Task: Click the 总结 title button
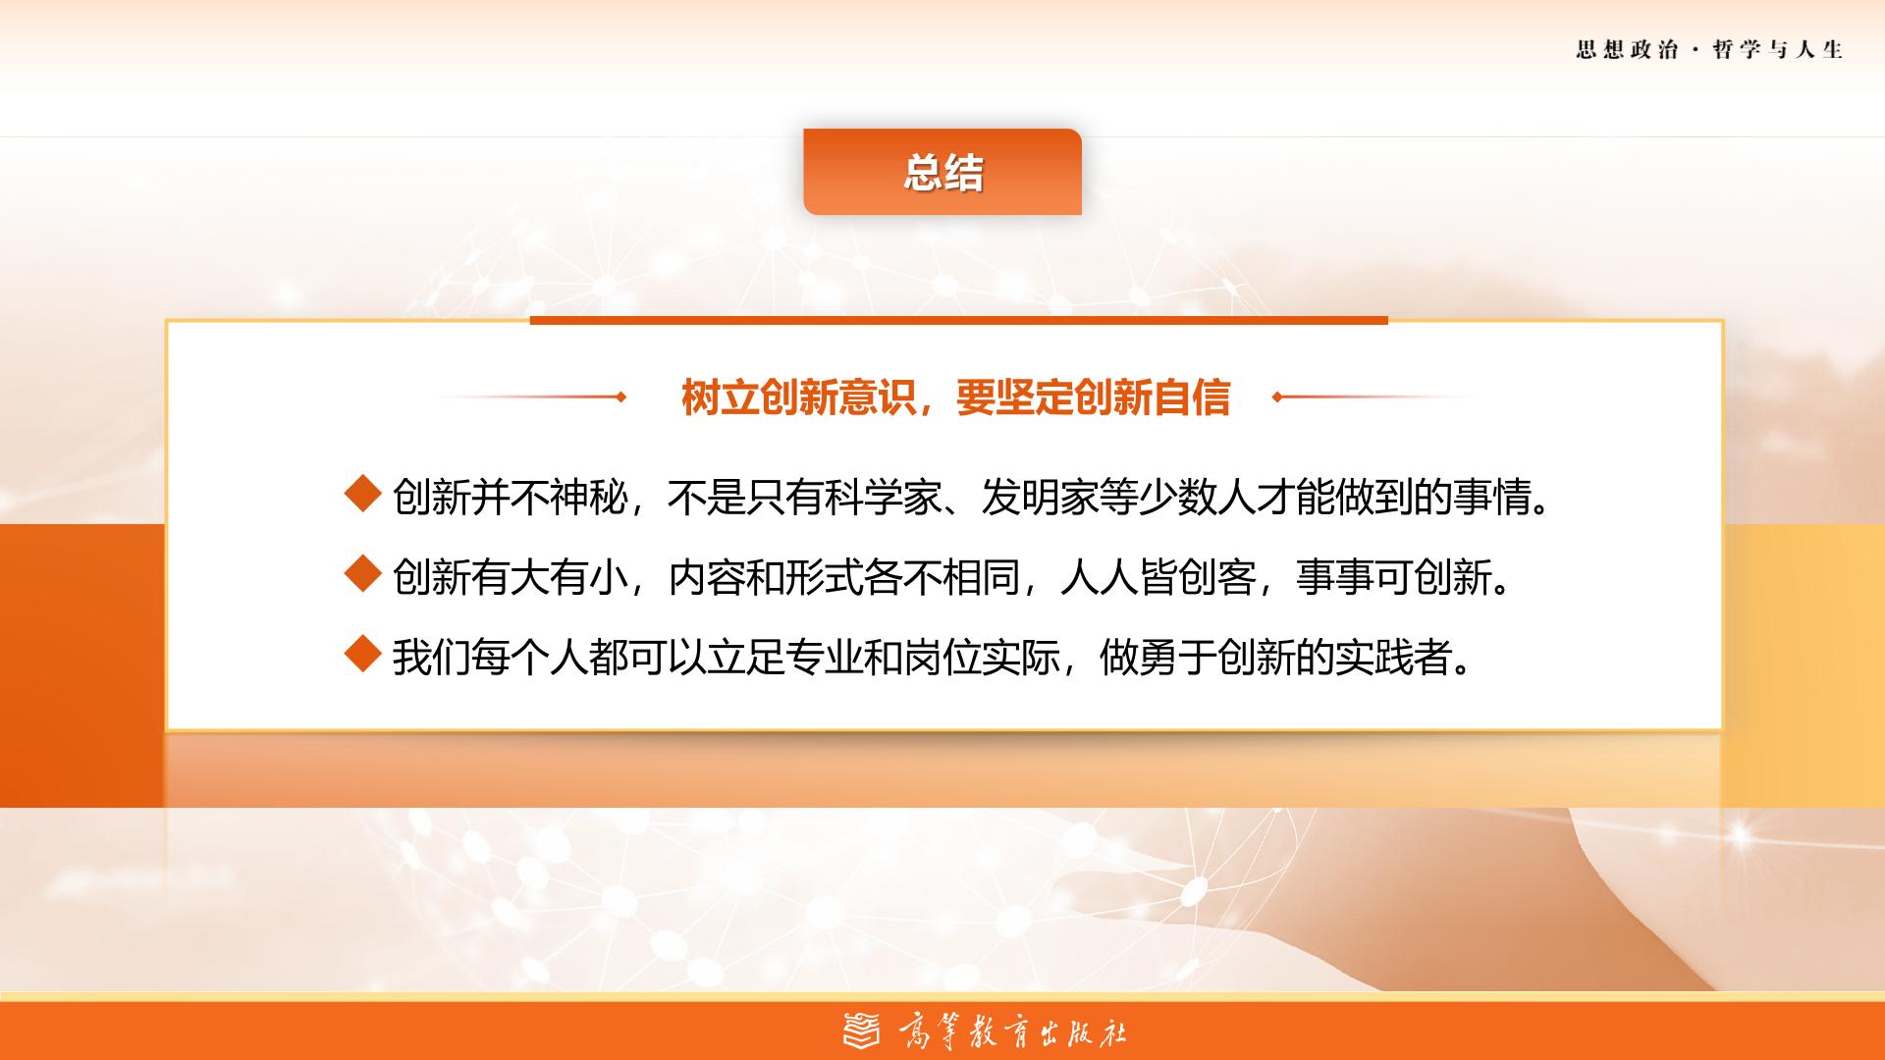[942, 172]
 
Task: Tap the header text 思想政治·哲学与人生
[1709, 50]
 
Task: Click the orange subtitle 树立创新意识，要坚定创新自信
[955, 397]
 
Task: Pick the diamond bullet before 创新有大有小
[363, 573]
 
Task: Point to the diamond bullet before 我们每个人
[363, 653]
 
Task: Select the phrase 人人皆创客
[1158, 577]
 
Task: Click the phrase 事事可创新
[1394, 577]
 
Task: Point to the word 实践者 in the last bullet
[1394, 657]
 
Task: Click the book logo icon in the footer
[862, 1031]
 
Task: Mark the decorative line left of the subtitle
[529, 397]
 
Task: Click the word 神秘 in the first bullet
[589, 498]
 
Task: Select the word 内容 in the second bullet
[707, 577]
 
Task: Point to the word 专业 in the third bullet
[785, 657]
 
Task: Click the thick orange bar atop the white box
[958, 320]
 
